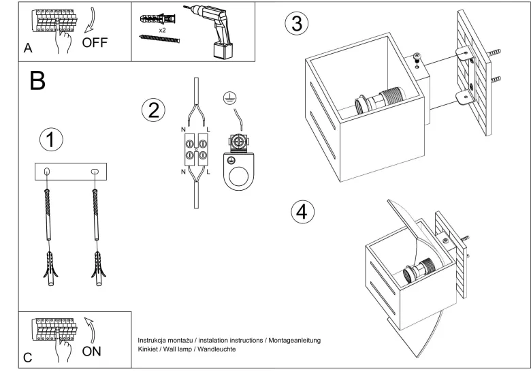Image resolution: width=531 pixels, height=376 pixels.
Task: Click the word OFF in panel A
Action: click(x=95, y=43)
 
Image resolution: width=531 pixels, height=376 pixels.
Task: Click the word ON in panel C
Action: click(x=91, y=351)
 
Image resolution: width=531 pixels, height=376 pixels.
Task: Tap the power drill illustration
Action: click(x=210, y=31)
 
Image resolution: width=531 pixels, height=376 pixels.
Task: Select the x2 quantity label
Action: click(x=162, y=31)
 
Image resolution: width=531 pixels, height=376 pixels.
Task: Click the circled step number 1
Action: click(x=51, y=140)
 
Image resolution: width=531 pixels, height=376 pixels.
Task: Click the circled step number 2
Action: click(x=153, y=110)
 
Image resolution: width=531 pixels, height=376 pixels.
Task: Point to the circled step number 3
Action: click(x=297, y=23)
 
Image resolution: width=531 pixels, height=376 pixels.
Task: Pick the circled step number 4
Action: click(x=302, y=212)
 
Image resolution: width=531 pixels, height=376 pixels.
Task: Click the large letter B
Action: click(x=37, y=80)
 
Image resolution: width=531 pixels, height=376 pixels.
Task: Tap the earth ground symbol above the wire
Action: click(x=230, y=98)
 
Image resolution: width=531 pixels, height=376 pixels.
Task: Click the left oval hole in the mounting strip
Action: click(x=48, y=172)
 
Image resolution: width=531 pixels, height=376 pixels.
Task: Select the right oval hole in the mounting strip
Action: click(x=95, y=172)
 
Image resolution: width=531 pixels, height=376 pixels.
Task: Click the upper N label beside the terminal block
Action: click(x=183, y=129)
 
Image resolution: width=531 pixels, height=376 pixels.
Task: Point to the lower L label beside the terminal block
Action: click(x=208, y=172)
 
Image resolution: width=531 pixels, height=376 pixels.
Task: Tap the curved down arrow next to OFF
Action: click(x=90, y=20)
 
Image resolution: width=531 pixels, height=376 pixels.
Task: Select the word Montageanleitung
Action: click(x=294, y=341)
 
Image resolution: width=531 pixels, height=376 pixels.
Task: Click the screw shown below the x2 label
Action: click(x=159, y=39)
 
